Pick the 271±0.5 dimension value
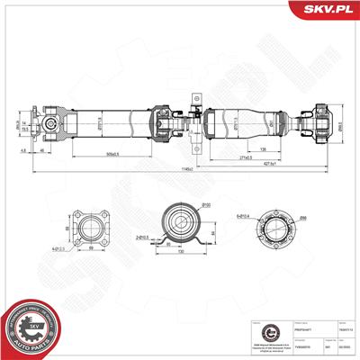click(245, 157)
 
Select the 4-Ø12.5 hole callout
click(59, 249)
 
